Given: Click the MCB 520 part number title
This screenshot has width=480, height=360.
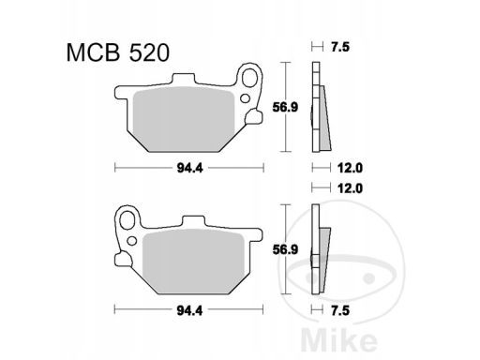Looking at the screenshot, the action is click(118, 52).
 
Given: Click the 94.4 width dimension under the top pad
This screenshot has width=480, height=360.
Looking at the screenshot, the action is click(189, 168).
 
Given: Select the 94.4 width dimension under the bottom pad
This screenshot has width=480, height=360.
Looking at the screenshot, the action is click(189, 310).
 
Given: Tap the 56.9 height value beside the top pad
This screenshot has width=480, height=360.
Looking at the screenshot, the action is click(285, 107).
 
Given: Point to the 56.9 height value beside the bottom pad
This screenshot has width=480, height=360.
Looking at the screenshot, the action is click(285, 249).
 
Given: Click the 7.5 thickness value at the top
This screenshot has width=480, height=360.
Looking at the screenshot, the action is click(339, 47).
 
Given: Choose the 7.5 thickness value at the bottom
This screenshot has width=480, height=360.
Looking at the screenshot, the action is click(339, 310).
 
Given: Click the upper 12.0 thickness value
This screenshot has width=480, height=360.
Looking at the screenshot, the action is click(350, 168).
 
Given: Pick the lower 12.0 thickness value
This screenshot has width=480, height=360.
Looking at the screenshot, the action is click(350, 188).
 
